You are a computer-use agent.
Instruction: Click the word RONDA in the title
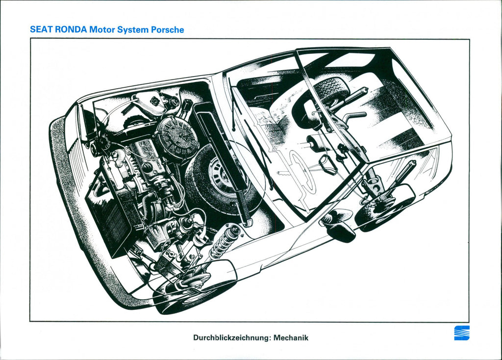coord(71,29)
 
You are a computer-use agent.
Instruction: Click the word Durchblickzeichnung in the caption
coord(231,337)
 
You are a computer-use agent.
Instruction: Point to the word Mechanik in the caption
coord(291,337)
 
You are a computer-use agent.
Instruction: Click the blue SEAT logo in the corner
coord(461,333)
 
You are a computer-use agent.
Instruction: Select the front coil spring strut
coord(224,241)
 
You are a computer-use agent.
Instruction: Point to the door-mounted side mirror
coord(338,227)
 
